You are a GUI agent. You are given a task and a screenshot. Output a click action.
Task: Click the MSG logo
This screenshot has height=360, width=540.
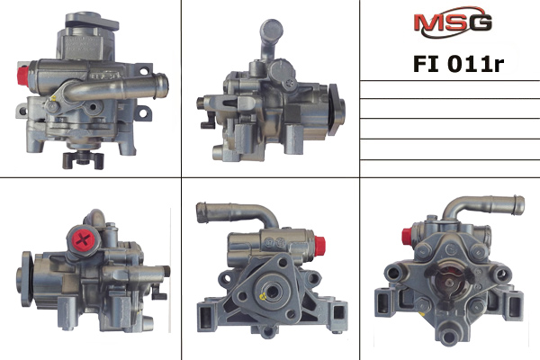(x=453, y=22)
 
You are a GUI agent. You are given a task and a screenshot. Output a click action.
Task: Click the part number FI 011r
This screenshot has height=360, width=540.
(x=458, y=64)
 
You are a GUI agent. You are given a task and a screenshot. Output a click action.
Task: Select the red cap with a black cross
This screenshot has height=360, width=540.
(x=83, y=239)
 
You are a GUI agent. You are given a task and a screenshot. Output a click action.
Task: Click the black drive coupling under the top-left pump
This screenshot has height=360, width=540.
(x=83, y=160)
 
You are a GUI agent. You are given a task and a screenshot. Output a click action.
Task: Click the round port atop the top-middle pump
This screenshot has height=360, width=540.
(x=272, y=30)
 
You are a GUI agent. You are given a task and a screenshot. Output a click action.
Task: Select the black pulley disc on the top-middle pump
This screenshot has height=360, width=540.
(x=333, y=109)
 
